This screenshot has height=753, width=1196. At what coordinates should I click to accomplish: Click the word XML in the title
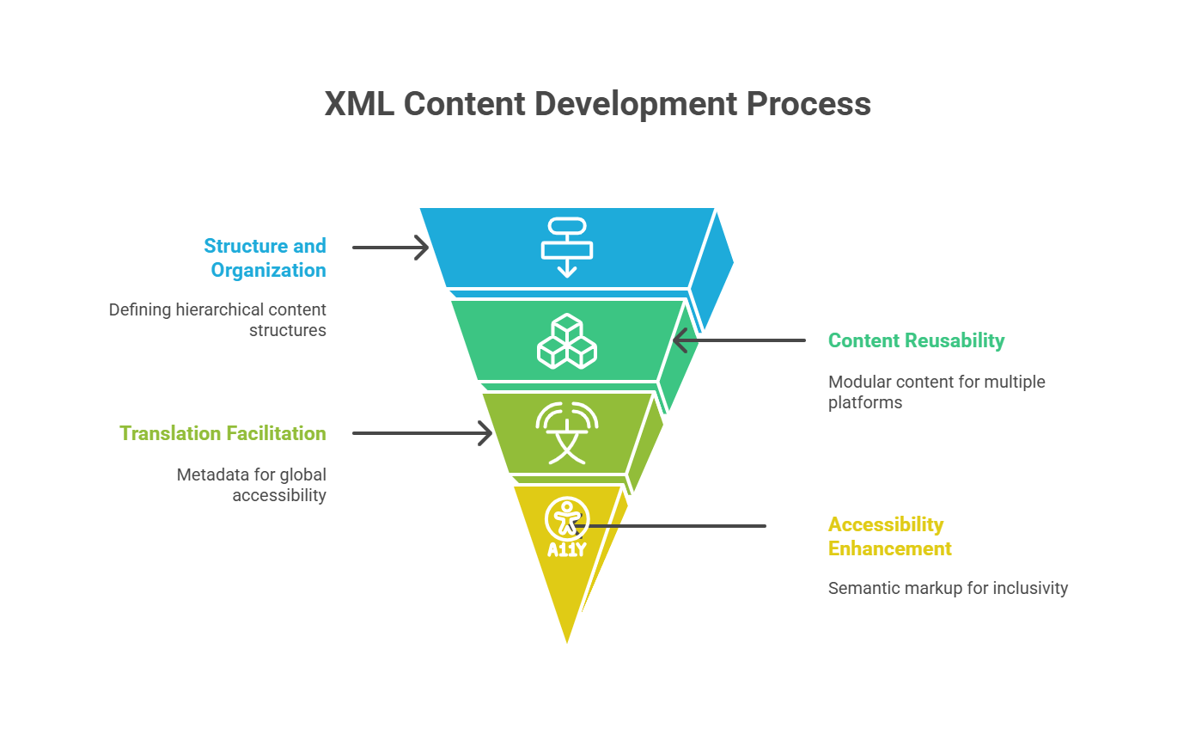tap(358, 104)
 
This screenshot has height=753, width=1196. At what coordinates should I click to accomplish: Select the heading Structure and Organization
tap(265, 258)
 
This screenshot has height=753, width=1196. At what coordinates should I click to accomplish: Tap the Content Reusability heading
tap(916, 340)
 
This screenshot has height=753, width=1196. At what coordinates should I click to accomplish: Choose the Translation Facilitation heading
tap(223, 433)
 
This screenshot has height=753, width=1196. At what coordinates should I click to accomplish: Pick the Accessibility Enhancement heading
tap(889, 536)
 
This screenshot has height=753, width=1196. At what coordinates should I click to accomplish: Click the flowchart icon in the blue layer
tap(567, 248)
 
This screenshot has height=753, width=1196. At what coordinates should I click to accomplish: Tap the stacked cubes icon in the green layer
tap(567, 341)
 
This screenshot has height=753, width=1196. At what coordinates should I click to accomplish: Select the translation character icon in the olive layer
tap(567, 432)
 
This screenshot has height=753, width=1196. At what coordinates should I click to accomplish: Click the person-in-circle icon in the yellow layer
tap(566, 518)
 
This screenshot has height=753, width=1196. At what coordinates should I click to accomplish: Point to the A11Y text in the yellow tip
tap(566, 549)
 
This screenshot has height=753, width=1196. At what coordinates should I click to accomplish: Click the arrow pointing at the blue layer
tap(390, 248)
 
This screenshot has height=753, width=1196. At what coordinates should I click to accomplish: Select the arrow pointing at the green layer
tap(739, 340)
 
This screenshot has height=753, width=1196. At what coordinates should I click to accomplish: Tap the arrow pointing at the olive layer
tap(421, 433)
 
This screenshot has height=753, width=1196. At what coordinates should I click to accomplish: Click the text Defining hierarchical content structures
tap(218, 320)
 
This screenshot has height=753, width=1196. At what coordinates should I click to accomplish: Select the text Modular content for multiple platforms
tap(936, 392)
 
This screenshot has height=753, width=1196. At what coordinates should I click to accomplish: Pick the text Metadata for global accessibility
tap(252, 485)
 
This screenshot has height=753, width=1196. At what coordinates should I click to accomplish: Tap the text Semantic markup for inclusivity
tap(948, 588)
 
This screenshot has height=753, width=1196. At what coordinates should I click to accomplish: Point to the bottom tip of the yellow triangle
tap(567, 639)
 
